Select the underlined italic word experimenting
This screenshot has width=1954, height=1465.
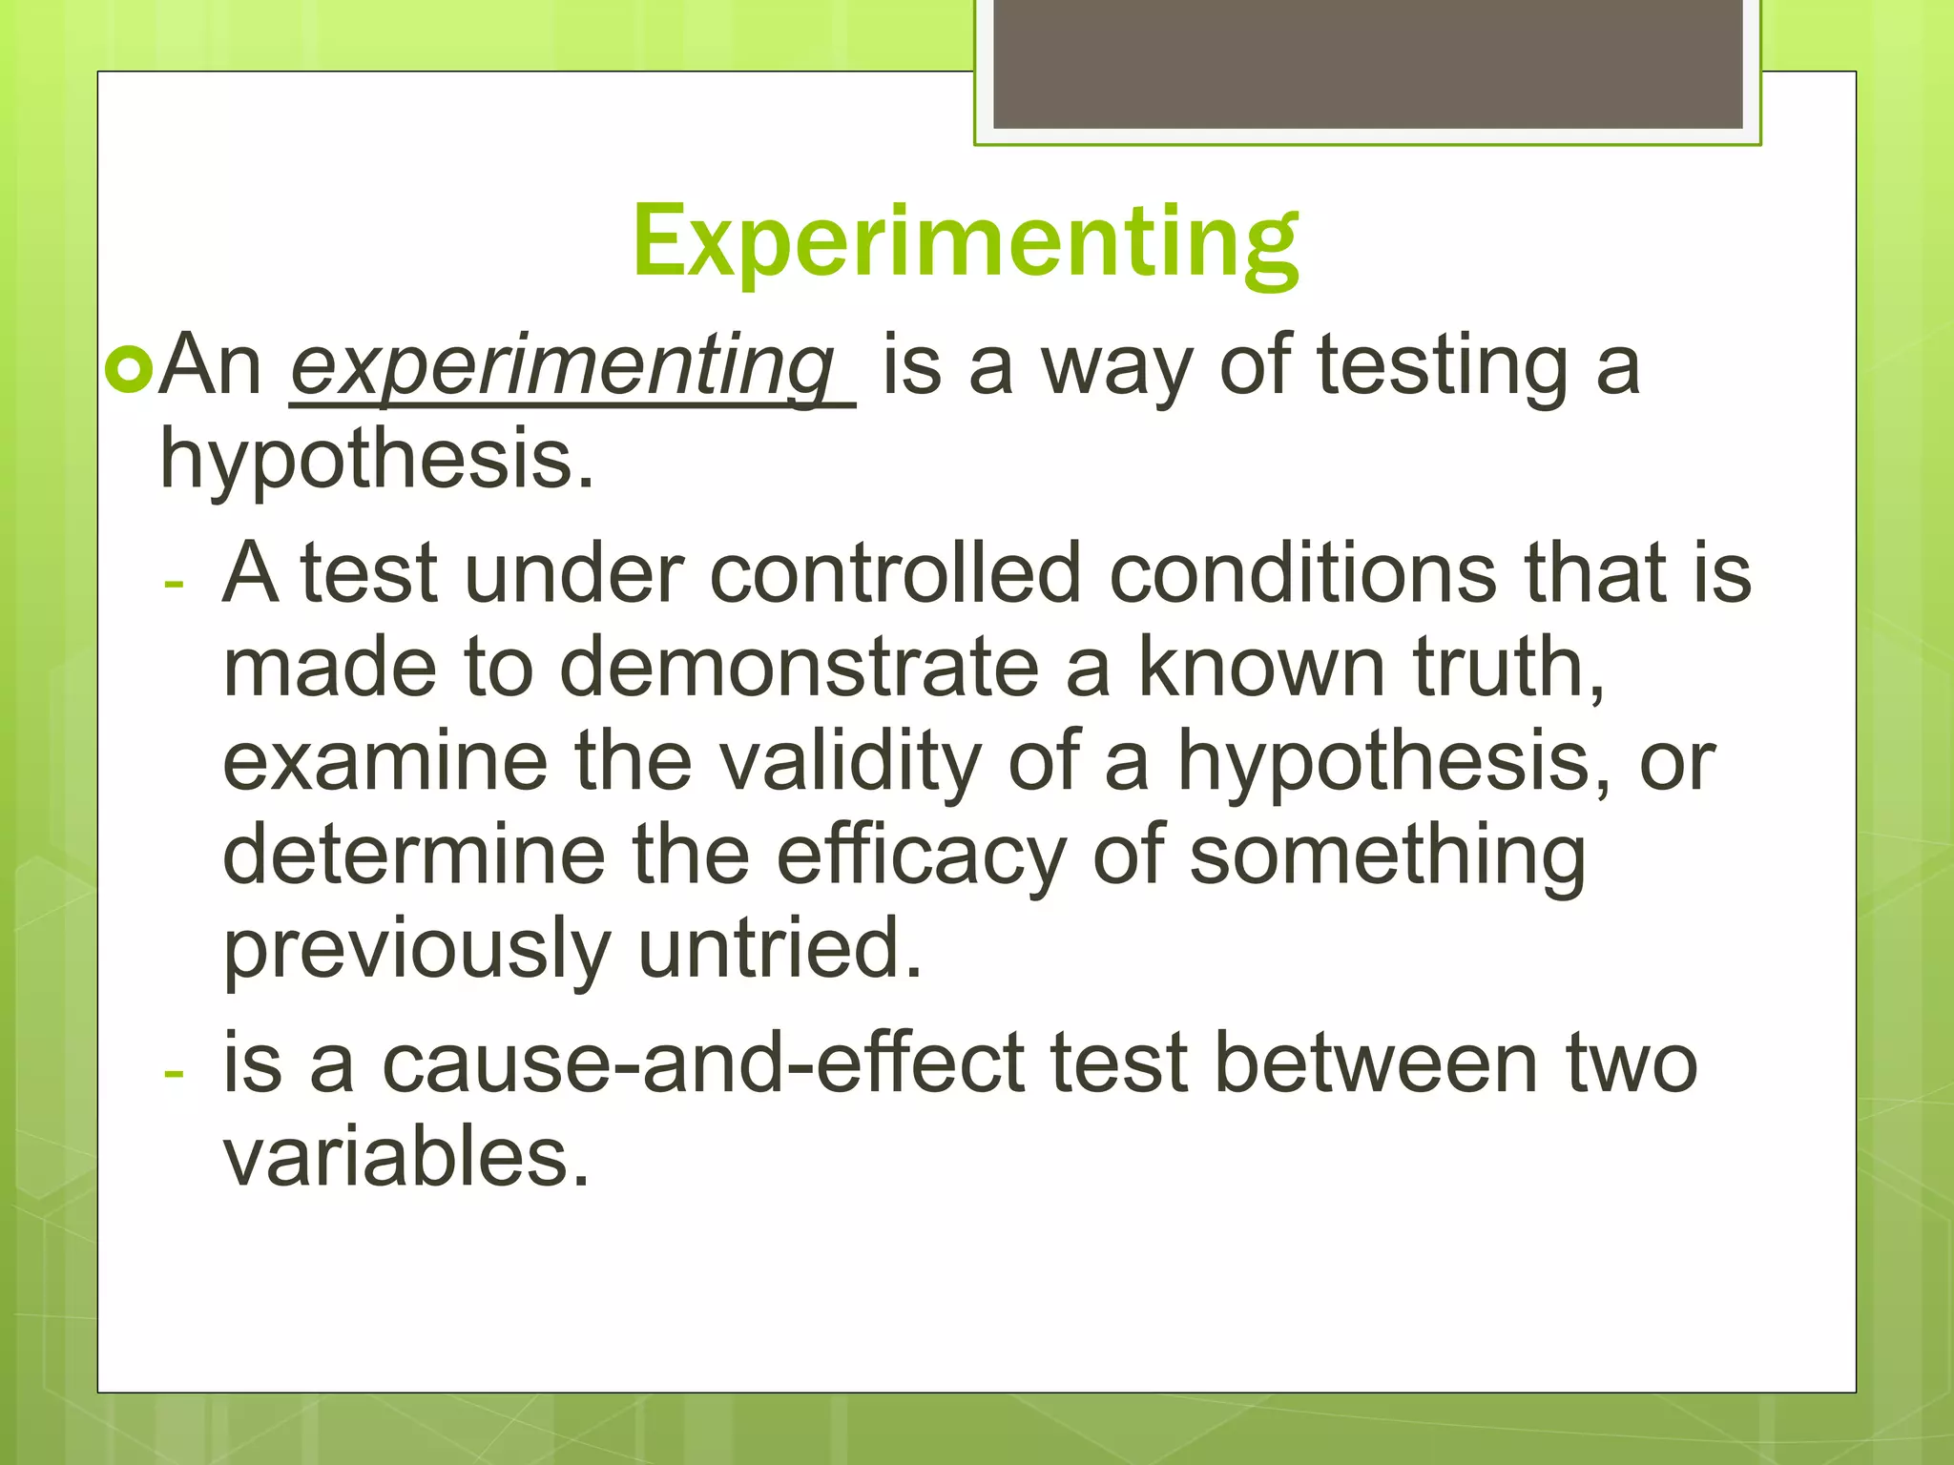pyautogui.click(x=563, y=366)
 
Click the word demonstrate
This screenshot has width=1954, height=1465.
pyautogui.click(x=799, y=668)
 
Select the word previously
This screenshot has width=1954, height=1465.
pyautogui.click(x=416, y=950)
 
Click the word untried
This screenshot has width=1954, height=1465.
pyautogui.click(x=780, y=948)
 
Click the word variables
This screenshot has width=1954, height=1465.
pyautogui.click(x=406, y=1156)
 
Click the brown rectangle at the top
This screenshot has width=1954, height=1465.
pyautogui.click(x=1367, y=64)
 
